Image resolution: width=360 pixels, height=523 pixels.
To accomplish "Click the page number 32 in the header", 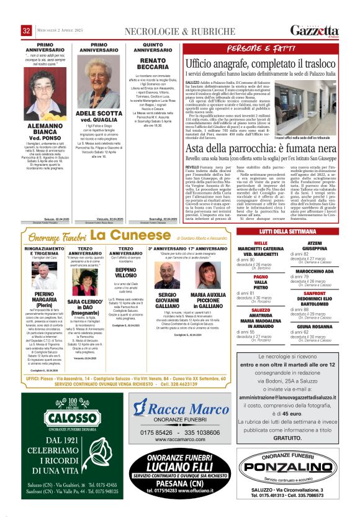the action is [x=26, y=30].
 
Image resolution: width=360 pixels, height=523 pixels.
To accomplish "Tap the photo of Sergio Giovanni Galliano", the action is [x=166, y=275].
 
